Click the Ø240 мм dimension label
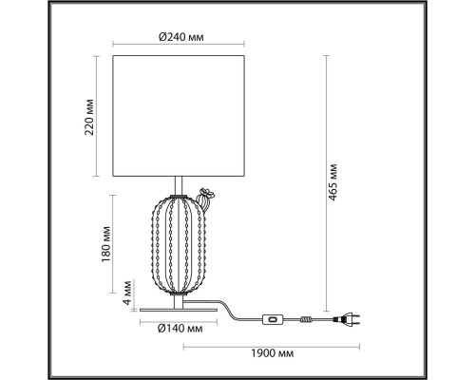click(x=180, y=37)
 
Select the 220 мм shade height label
click(x=89, y=117)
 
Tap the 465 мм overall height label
click(x=332, y=183)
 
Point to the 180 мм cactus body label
click(x=106, y=244)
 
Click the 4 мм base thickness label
click(x=127, y=293)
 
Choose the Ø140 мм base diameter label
click(x=180, y=329)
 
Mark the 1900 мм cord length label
click(x=273, y=353)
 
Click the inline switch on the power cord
click(x=273, y=319)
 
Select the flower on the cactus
click(x=208, y=193)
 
